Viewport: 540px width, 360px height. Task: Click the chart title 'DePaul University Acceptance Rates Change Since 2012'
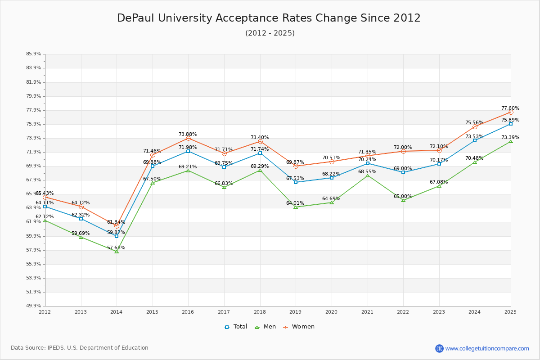pos(269,18)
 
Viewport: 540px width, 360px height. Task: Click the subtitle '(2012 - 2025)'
pos(270,33)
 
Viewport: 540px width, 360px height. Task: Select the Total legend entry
pos(236,327)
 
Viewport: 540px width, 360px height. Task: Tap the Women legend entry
pos(299,327)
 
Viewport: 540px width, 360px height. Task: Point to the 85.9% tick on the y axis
pos(34,54)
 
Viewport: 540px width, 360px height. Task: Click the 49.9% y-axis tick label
pos(34,306)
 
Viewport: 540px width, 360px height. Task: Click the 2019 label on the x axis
pos(296,312)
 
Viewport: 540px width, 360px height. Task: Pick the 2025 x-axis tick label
pos(510,312)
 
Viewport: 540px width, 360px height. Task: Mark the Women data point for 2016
pos(188,138)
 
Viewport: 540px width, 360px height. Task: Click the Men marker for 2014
pos(117,251)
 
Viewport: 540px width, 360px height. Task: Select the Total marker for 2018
pos(260,153)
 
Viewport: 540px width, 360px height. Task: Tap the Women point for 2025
pos(511,112)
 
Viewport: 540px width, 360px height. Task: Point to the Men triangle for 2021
pos(368,175)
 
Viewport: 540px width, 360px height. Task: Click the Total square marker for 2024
pos(475,140)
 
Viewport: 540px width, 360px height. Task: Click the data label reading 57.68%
pos(116,248)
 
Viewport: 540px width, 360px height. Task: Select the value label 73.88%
pos(188,135)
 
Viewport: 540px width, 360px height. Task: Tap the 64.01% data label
pos(295,203)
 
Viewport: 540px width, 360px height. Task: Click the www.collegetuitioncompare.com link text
pos(487,348)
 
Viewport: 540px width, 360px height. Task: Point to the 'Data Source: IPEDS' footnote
pos(80,348)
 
